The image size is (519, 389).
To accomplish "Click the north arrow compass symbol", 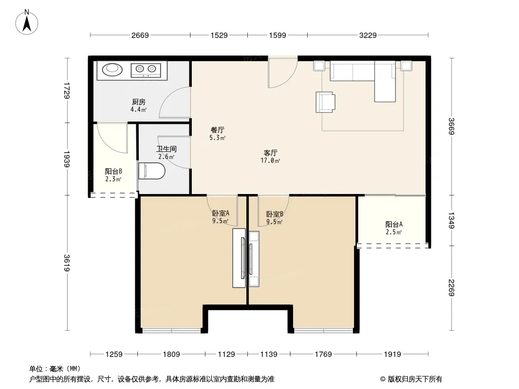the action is (x=27, y=22).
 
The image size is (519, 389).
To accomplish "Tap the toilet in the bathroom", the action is (x=151, y=171).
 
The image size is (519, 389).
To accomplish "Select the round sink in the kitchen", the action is (x=112, y=70).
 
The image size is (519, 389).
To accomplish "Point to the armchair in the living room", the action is (x=325, y=102).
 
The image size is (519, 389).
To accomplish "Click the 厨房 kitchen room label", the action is (x=139, y=102).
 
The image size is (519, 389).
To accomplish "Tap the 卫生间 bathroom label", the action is (x=166, y=149).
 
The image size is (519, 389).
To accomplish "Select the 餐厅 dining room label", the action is (x=218, y=130).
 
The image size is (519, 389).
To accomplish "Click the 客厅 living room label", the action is (x=270, y=153).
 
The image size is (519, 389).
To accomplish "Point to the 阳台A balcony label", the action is (x=394, y=225).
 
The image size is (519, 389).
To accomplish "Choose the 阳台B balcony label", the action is (x=113, y=172).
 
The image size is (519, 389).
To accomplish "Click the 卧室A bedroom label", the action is (x=221, y=213).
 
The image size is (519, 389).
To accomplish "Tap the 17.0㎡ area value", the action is (x=270, y=160).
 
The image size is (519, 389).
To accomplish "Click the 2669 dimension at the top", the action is (x=140, y=35).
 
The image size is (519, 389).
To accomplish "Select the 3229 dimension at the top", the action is (x=368, y=35).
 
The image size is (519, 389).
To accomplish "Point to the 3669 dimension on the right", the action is (x=451, y=126).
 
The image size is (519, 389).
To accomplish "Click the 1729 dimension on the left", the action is (x=67, y=90).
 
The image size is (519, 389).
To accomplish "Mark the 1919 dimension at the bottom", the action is (x=392, y=354).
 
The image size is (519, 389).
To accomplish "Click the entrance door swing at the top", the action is (x=283, y=73).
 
